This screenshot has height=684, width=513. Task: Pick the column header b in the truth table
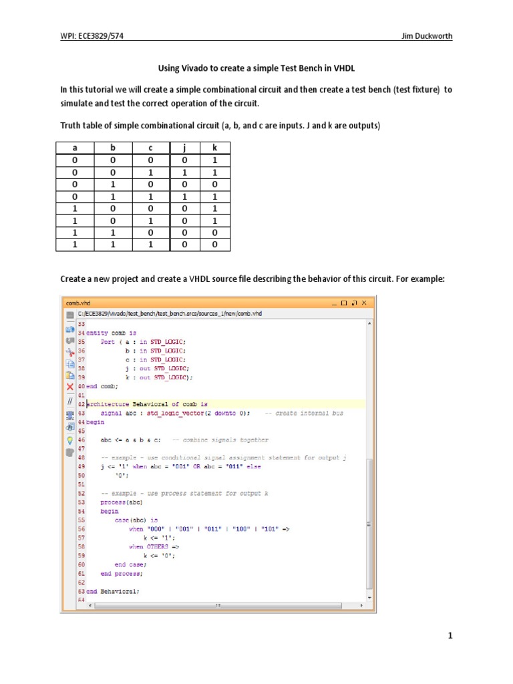(113, 148)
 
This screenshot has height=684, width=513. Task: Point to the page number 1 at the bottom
(451, 636)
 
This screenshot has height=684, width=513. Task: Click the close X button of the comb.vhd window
(365, 303)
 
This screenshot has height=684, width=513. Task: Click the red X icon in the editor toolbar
(69, 386)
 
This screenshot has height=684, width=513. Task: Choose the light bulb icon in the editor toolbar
(69, 440)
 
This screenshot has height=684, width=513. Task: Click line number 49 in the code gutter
(81, 466)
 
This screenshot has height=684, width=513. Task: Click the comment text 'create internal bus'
(309, 413)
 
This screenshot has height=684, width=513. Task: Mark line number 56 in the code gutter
(81, 528)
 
